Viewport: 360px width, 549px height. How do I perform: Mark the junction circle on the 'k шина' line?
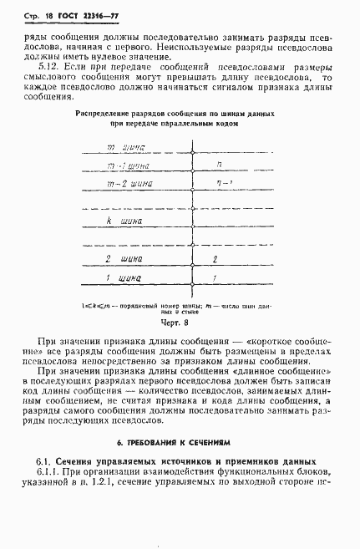194,226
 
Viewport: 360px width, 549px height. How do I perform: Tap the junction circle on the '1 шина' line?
194,282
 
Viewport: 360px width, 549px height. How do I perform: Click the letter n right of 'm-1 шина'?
219,165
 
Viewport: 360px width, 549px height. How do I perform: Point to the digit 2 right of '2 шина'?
215,258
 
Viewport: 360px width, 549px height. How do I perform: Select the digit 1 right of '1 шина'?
215,277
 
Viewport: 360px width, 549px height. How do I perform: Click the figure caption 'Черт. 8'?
180,320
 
